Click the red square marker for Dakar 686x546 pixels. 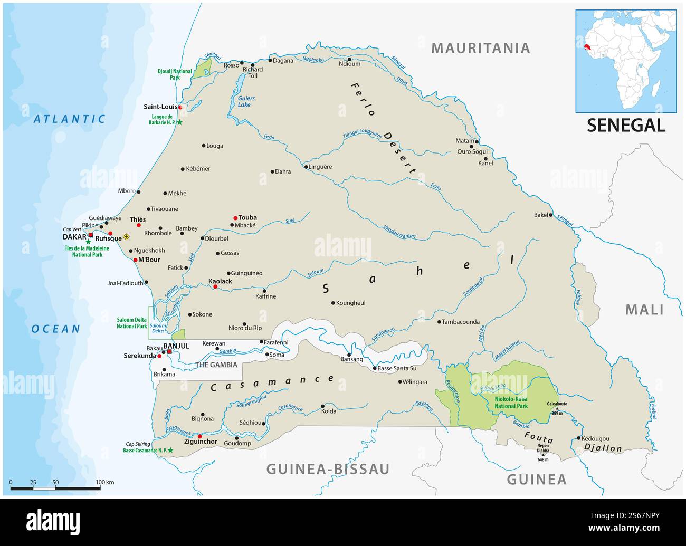pyautogui.click(x=90, y=235)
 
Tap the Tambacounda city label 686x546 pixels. pyautogui.click(x=460, y=322)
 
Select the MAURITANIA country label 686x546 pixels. pyautogui.click(x=480, y=48)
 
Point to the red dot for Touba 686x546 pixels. pyautogui.click(x=235, y=218)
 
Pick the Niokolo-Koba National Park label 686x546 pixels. pyautogui.click(x=511, y=403)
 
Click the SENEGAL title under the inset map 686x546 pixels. pyautogui.click(x=626, y=125)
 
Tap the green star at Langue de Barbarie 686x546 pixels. pyautogui.click(x=179, y=122)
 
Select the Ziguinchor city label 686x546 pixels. pyautogui.click(x=200, y=442)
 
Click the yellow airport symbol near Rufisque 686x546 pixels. pyautogui.click(x=126, y=237)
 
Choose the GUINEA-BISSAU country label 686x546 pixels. pyautogui.click(x=328, y=469)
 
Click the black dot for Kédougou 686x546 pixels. pyautogui.click(x=579, y=438)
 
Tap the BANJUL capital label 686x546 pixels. pyautogui.click(x=176, y=346)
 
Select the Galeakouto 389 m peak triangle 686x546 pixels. pyautogui.click(x=557, y=408)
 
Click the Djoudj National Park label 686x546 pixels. pyautogui.click(x=175, y=74)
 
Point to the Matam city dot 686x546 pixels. pyautogui.click(x=476, y=141)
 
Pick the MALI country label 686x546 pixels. pyautogui.click(x=644, y=310)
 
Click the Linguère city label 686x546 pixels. pyautogui.click(x=321, y=167)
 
